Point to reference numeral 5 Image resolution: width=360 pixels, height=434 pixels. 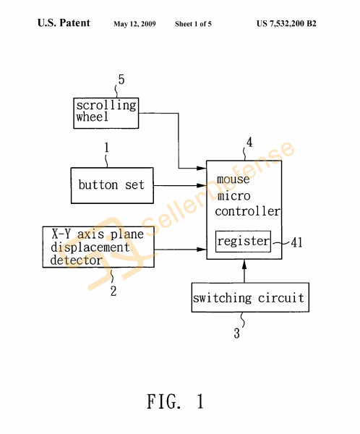pos(121,80)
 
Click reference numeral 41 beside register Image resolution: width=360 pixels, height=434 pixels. pos(296,242)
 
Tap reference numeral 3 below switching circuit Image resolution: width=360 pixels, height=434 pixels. pos(236,333)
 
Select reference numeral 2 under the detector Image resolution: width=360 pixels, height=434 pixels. pos(113,291)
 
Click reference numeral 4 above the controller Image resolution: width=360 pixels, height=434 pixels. pos(249,142)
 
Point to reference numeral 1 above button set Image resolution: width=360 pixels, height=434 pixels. pos(106,148)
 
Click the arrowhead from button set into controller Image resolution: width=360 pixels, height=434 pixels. pos(202,185)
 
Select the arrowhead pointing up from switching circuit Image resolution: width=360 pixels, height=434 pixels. pos(244,265)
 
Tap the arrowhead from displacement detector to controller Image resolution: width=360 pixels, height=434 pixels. pos(202,250)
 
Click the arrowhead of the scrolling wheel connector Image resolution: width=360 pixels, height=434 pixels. pos(202,168)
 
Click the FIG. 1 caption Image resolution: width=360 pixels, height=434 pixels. pos(176,401)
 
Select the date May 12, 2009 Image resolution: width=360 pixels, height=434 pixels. pos(134,24)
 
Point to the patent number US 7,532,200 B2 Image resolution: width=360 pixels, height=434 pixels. pos(286,24)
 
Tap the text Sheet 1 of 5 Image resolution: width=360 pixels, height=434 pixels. pos(193,24)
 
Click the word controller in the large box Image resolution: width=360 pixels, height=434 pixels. pos(248,211)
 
